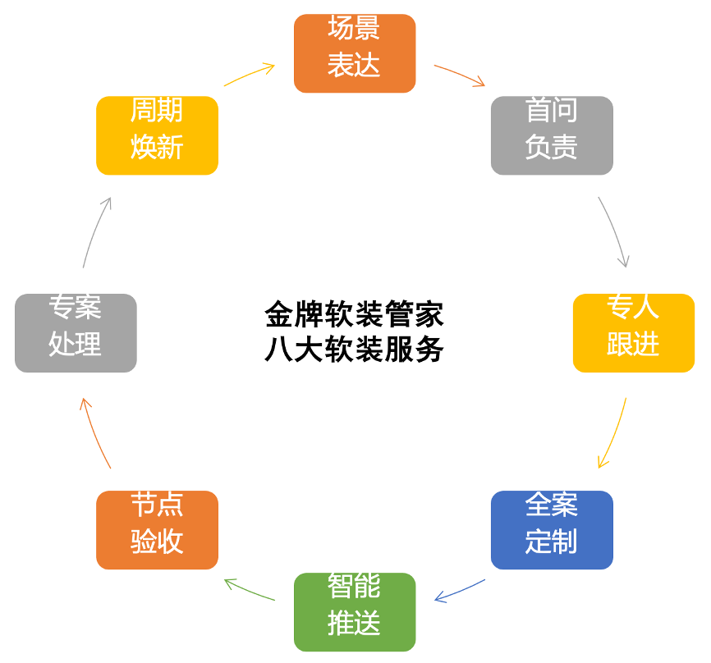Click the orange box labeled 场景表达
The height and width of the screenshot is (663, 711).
[355, 53]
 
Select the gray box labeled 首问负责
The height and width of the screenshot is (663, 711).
[552, 135]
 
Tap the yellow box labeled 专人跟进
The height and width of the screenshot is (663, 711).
[633, 332]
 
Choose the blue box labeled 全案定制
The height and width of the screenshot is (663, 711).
[552, 529]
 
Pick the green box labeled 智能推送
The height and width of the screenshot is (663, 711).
[355, 611]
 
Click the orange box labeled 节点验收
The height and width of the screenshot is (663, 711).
[157, 529]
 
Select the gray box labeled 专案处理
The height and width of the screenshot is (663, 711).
[76, 332]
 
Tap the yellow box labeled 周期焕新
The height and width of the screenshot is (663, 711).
[157, 135]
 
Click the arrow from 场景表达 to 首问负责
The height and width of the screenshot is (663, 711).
[460, 75]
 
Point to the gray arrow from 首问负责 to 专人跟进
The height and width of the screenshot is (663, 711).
[615, 231]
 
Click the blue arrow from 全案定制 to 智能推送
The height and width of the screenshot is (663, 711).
[460, 591]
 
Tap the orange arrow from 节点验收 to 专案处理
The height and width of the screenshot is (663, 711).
[94, 433]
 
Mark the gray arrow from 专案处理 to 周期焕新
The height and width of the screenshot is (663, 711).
[95, 231]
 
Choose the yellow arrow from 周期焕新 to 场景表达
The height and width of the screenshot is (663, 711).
[249, 74]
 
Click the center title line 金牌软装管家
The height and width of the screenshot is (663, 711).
[355, 314]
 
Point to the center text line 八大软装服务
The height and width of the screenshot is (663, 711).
[355, 350]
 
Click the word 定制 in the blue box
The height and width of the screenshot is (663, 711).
[552, 542]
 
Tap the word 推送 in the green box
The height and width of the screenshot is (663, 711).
[355, 624]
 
